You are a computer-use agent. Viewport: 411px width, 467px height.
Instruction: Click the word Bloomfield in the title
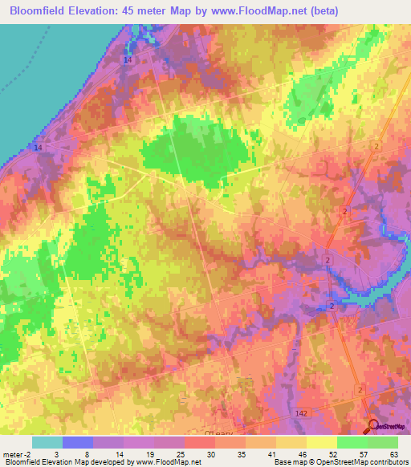pyautogui.click(x=38, y=10)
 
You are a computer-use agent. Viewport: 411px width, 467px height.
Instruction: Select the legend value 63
pyautogui.click(x=393, y=453)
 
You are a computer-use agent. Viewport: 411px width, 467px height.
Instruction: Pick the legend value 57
pyautogui.click(x=367, y=453)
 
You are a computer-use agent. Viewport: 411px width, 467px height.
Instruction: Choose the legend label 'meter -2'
pyautogui.click(x=18, y=453)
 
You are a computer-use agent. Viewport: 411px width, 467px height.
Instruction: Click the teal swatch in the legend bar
pyautogui.click(x=47, y=441)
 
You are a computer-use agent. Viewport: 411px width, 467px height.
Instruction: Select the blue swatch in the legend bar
pyautogui.click(x=77, y=441)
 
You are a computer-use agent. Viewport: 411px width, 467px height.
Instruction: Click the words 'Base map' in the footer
pyautogui.click(x=287, y=462)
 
